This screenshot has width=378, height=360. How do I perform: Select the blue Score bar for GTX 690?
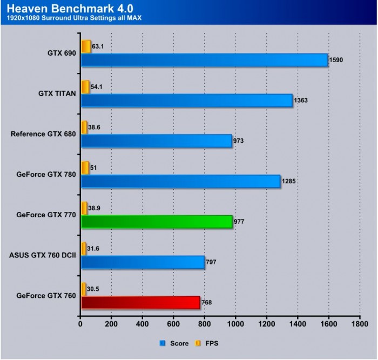click(x=204, y=59)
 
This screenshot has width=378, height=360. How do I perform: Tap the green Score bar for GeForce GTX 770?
click(x=156, y=222)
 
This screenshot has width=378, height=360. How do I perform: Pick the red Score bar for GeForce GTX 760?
click(x=140, y=302)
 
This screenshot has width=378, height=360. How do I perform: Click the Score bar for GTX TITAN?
click(x=186, y=100)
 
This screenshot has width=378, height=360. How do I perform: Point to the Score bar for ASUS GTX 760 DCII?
click(x=143, y=262)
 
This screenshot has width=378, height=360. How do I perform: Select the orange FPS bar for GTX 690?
click(x=86, y=46)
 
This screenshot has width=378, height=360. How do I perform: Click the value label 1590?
click(x=336, y=59)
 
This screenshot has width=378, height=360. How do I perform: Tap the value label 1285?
click(x=288, y=181)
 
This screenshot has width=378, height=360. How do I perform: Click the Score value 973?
click(x=239, y=141)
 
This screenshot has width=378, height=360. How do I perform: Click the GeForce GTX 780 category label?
click(x=46, y=174)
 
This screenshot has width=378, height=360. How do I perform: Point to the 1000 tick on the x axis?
click(x=235, y=324)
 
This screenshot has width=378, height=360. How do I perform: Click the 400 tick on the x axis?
click(x=143, y=324)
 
